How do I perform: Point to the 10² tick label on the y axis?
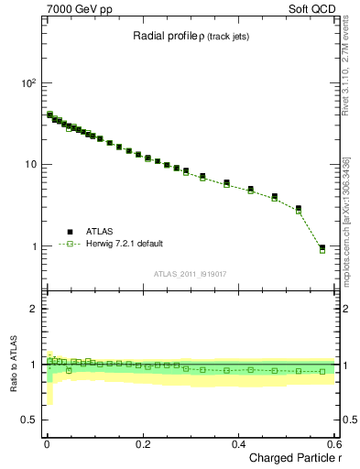27,83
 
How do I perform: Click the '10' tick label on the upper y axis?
29,165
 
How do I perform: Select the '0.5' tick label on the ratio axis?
27,420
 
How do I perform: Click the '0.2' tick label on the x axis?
142,442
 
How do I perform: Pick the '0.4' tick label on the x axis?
238,442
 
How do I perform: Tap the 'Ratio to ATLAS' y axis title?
14,365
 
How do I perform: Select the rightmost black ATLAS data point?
322,247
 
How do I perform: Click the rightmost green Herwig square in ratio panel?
322,371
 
